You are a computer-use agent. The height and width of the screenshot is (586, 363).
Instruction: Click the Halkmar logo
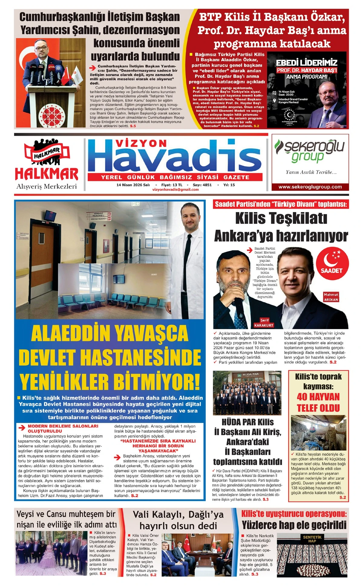[x=47, y=160]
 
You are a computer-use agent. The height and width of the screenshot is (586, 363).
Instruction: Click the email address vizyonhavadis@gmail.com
[x=175, y=190]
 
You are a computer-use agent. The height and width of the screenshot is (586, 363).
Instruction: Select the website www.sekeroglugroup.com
[x=310, y=187]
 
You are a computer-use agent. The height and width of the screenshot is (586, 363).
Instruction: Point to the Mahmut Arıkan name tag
[x=331, y=297]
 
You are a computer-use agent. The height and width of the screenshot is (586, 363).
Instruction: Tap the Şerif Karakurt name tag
[x=263, y=323]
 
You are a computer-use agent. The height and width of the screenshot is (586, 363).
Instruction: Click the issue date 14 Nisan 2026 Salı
[x=133, y=185]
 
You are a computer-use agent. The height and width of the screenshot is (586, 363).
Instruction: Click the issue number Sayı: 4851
[x=202, y=185]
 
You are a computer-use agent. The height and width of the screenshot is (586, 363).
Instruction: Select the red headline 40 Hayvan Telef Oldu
[x=318, y=402]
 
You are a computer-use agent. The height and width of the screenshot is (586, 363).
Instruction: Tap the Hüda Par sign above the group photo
[x=250, y=374]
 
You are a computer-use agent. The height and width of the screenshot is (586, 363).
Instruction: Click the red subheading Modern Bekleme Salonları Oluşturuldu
[x=63, y=428]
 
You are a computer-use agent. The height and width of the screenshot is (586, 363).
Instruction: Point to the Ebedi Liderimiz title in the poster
[x=306, y=63]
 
